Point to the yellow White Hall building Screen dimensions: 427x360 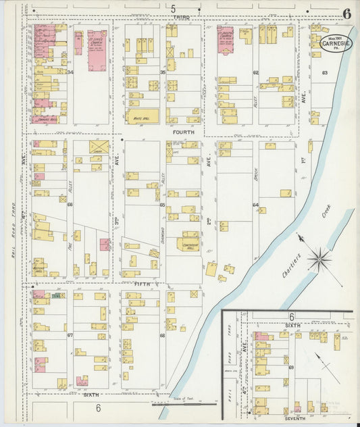click(x=143, y=116)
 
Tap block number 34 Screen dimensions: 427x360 click(x=70, y=72)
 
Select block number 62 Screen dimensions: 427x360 click(x=255, y=72)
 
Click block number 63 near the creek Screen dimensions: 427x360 click(x=325, y=72)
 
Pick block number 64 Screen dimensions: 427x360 click(x=255, y=205)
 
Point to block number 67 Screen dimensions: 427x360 click(x=70, y=334)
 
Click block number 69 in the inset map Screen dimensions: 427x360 click(x=291, y=367)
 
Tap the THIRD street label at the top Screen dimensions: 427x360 click(x=180, y=16)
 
